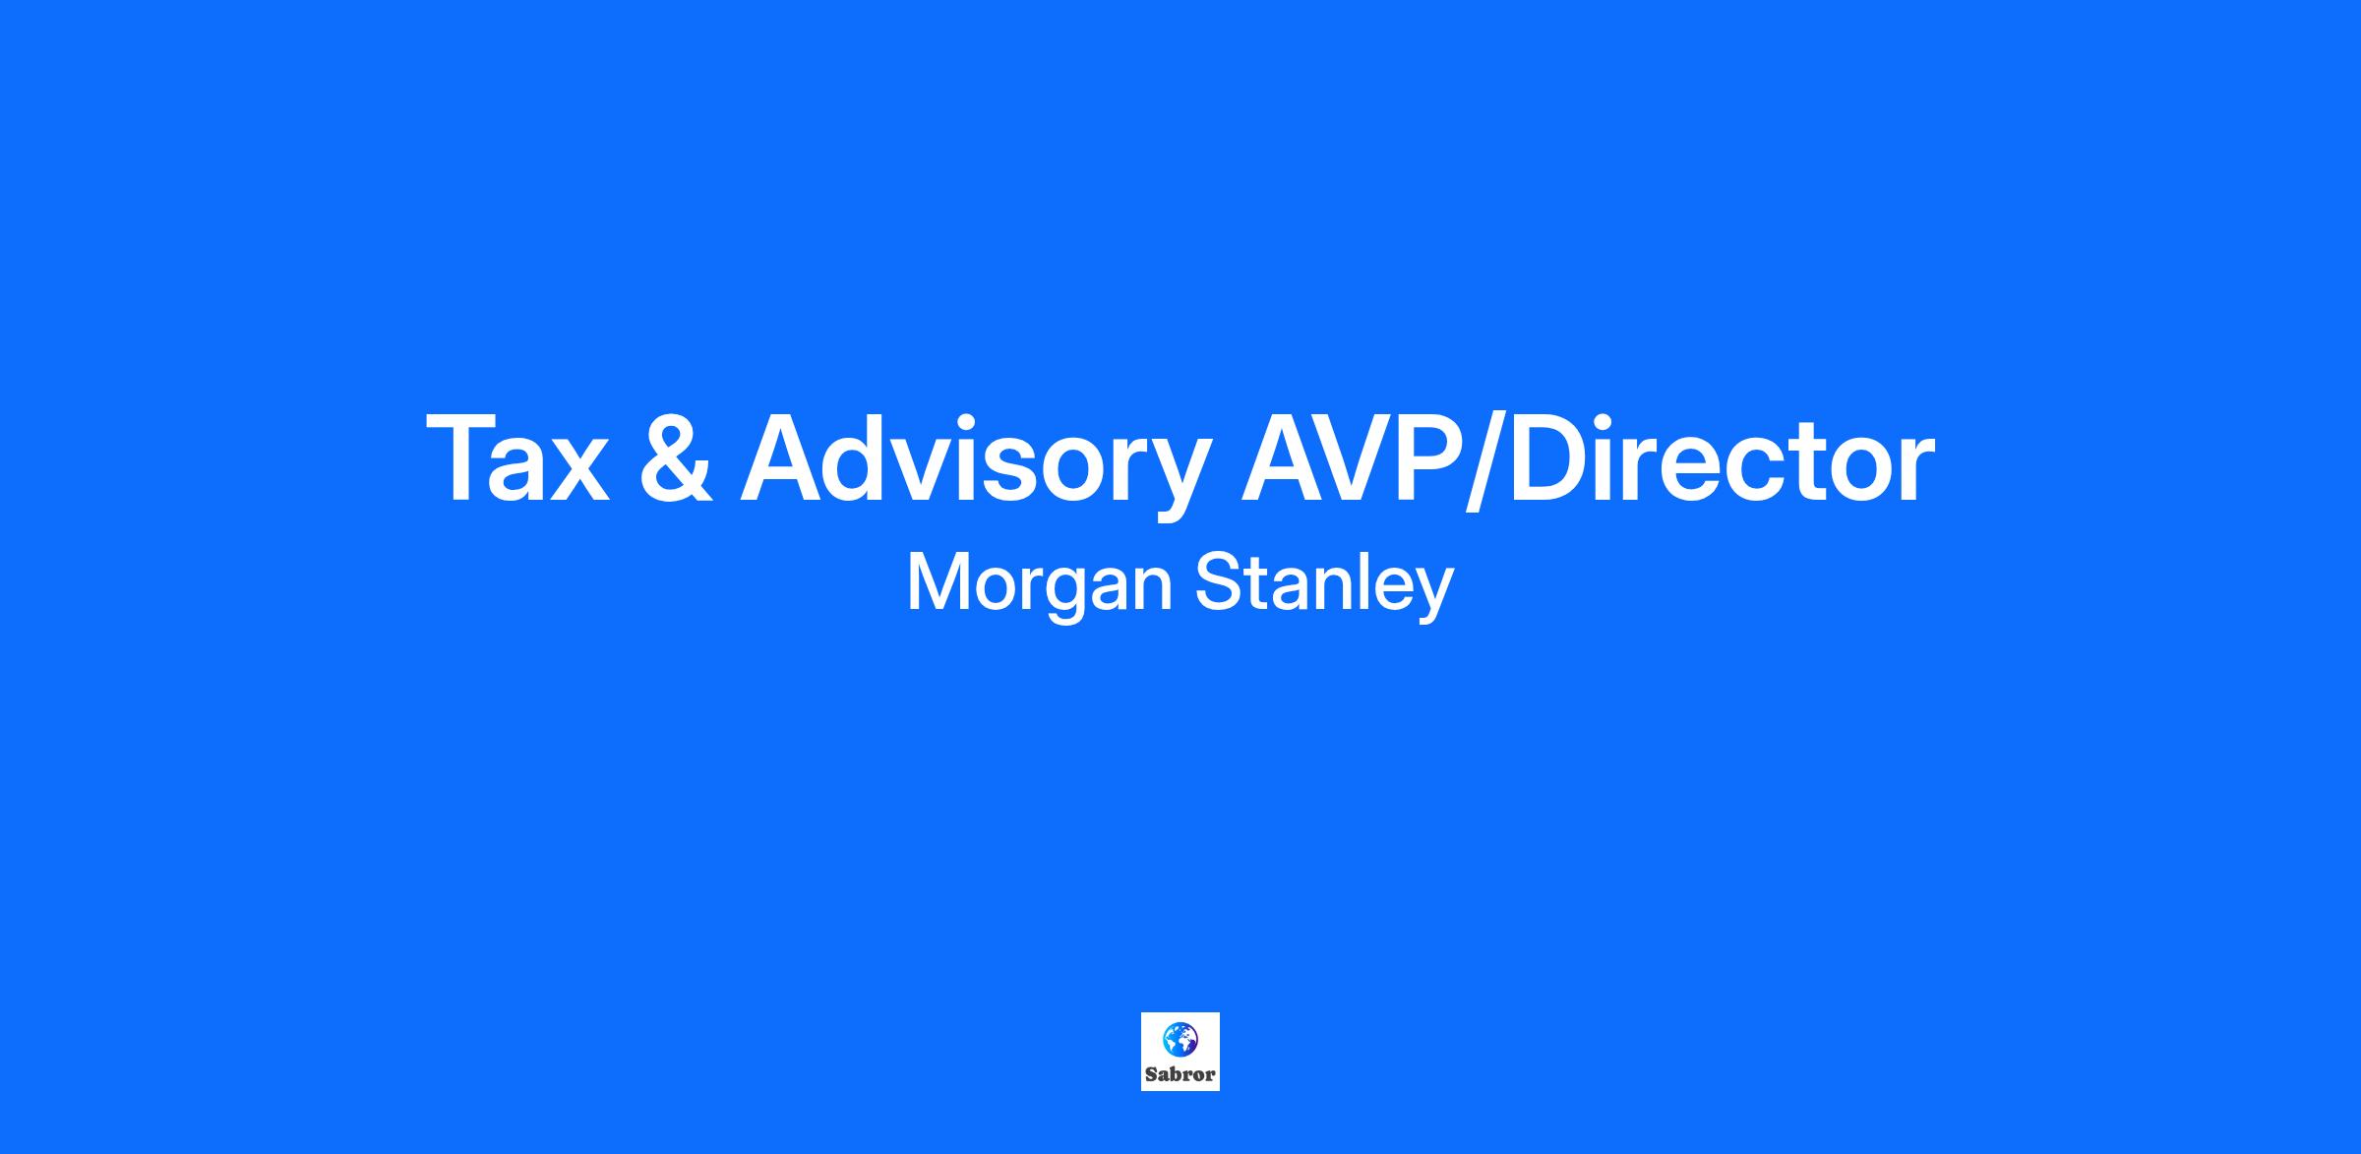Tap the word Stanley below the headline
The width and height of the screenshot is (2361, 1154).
[x=1324, y=584]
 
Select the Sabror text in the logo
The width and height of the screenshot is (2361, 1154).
[x=1180, y=1074]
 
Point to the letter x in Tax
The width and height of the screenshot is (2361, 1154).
[x=575, y=471]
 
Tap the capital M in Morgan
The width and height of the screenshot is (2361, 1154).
[x=936, y=582]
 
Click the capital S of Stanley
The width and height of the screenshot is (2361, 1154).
[x=1217, y=582]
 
